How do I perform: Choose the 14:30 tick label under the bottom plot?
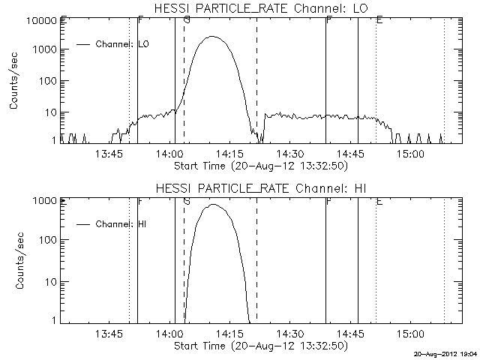(x=289, y=334)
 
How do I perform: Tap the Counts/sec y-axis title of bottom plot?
(x=15, y=262)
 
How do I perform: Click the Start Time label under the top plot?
(x=259, y=165)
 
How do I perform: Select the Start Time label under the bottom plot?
(x=259, y=346)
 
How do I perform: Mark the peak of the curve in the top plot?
(x=213, y=36)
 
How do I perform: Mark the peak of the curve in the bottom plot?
(x=214, y=204)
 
